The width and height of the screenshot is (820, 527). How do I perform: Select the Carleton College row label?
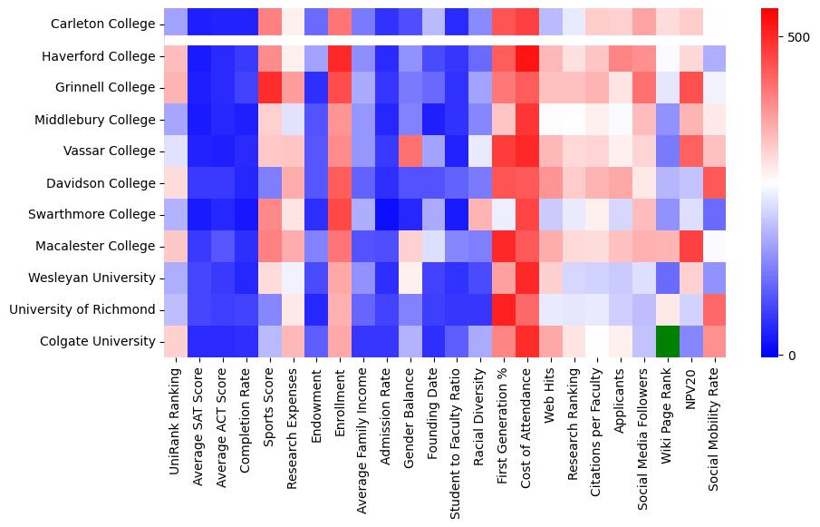(103, 24)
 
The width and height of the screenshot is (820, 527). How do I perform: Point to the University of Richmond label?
(82, 309)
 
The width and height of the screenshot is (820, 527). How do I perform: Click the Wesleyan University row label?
(98, 278)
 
